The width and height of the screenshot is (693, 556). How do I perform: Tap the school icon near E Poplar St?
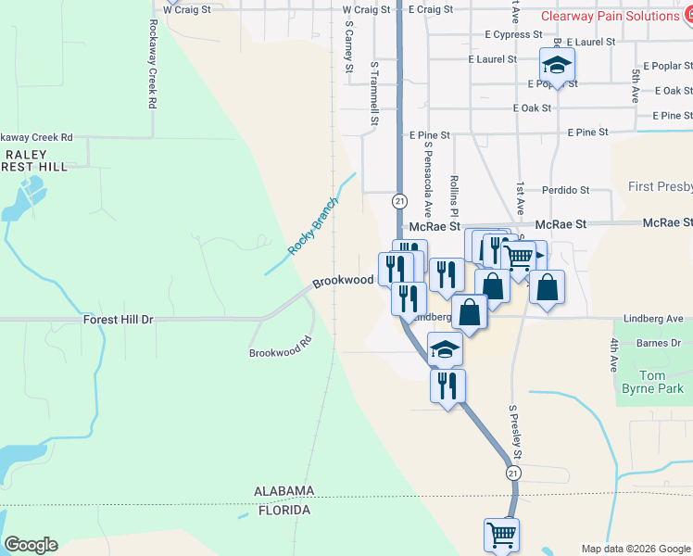tap(557, 66)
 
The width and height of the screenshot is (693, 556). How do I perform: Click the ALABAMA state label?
tap(286, 491)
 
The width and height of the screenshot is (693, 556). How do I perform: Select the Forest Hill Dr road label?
tap(118, 319)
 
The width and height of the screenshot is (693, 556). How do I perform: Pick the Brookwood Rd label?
tap(279, 353)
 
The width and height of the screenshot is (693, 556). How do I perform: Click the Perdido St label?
tap(566, 190)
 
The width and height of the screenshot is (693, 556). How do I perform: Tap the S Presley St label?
tap(514, 433)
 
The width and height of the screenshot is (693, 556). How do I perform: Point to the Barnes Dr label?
tap(660, 344)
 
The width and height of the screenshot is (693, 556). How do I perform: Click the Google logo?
tap(31, 545)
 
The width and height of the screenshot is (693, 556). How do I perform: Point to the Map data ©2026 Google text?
tap(636, 549)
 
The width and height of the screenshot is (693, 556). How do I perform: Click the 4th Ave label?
tap(613, 355)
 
